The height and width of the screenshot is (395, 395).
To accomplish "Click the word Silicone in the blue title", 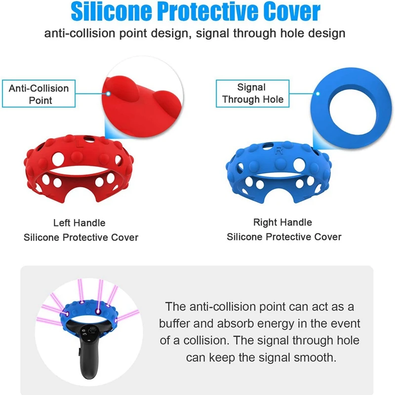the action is tap(112, 12).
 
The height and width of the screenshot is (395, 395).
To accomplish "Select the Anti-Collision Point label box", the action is tap(39, 94).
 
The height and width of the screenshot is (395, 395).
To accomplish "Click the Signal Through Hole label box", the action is tap(253, 93).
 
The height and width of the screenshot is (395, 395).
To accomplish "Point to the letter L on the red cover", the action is tap(79, 144).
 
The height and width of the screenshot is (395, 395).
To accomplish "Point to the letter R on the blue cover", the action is tap(279, 151).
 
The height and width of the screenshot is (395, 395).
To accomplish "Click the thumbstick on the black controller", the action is tap(93, 329).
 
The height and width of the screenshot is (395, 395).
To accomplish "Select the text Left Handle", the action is tap(79, 223).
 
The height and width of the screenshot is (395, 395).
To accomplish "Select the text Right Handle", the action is tap(282, 222).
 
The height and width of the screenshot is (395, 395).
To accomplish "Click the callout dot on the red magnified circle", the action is tap(108, 94).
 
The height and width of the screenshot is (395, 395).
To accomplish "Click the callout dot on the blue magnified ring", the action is tap(318, 94).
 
